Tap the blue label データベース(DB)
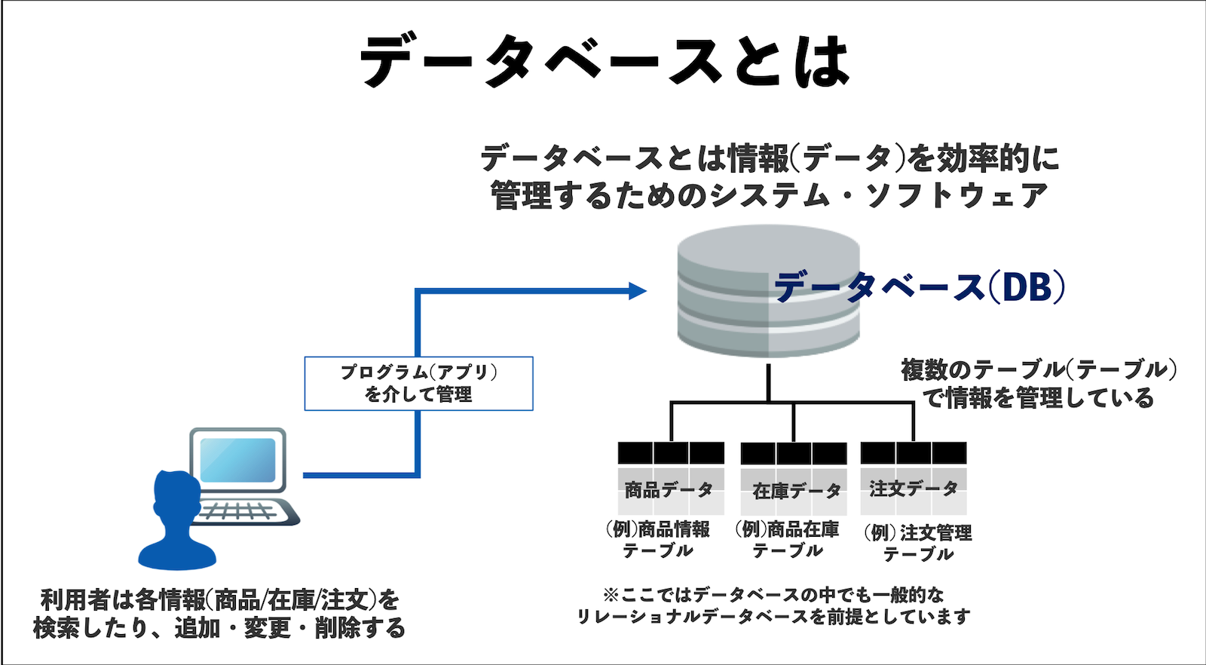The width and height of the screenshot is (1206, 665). tap(920, 287)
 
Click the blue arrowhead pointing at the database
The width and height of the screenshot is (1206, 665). tap(638, 290)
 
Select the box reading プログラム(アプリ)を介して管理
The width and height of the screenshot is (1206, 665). tap(418, 383)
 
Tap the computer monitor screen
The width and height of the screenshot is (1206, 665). tap(237, 459)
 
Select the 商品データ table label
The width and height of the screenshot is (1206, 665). tap(669, 490)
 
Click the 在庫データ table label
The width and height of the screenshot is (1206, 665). tap(796, 491)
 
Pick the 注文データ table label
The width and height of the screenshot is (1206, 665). tap(913, 489)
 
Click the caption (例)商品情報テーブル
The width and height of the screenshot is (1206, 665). tap(658, 539)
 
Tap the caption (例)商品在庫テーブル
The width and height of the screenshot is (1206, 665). tap(788, 539)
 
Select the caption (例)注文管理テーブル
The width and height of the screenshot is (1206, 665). tap(918, 543)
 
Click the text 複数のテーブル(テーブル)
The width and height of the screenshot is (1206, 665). tap(1039, 369)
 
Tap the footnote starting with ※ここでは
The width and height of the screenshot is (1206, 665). tap(773, 605)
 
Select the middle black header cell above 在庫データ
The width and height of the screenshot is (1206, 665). tap(794, 453)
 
